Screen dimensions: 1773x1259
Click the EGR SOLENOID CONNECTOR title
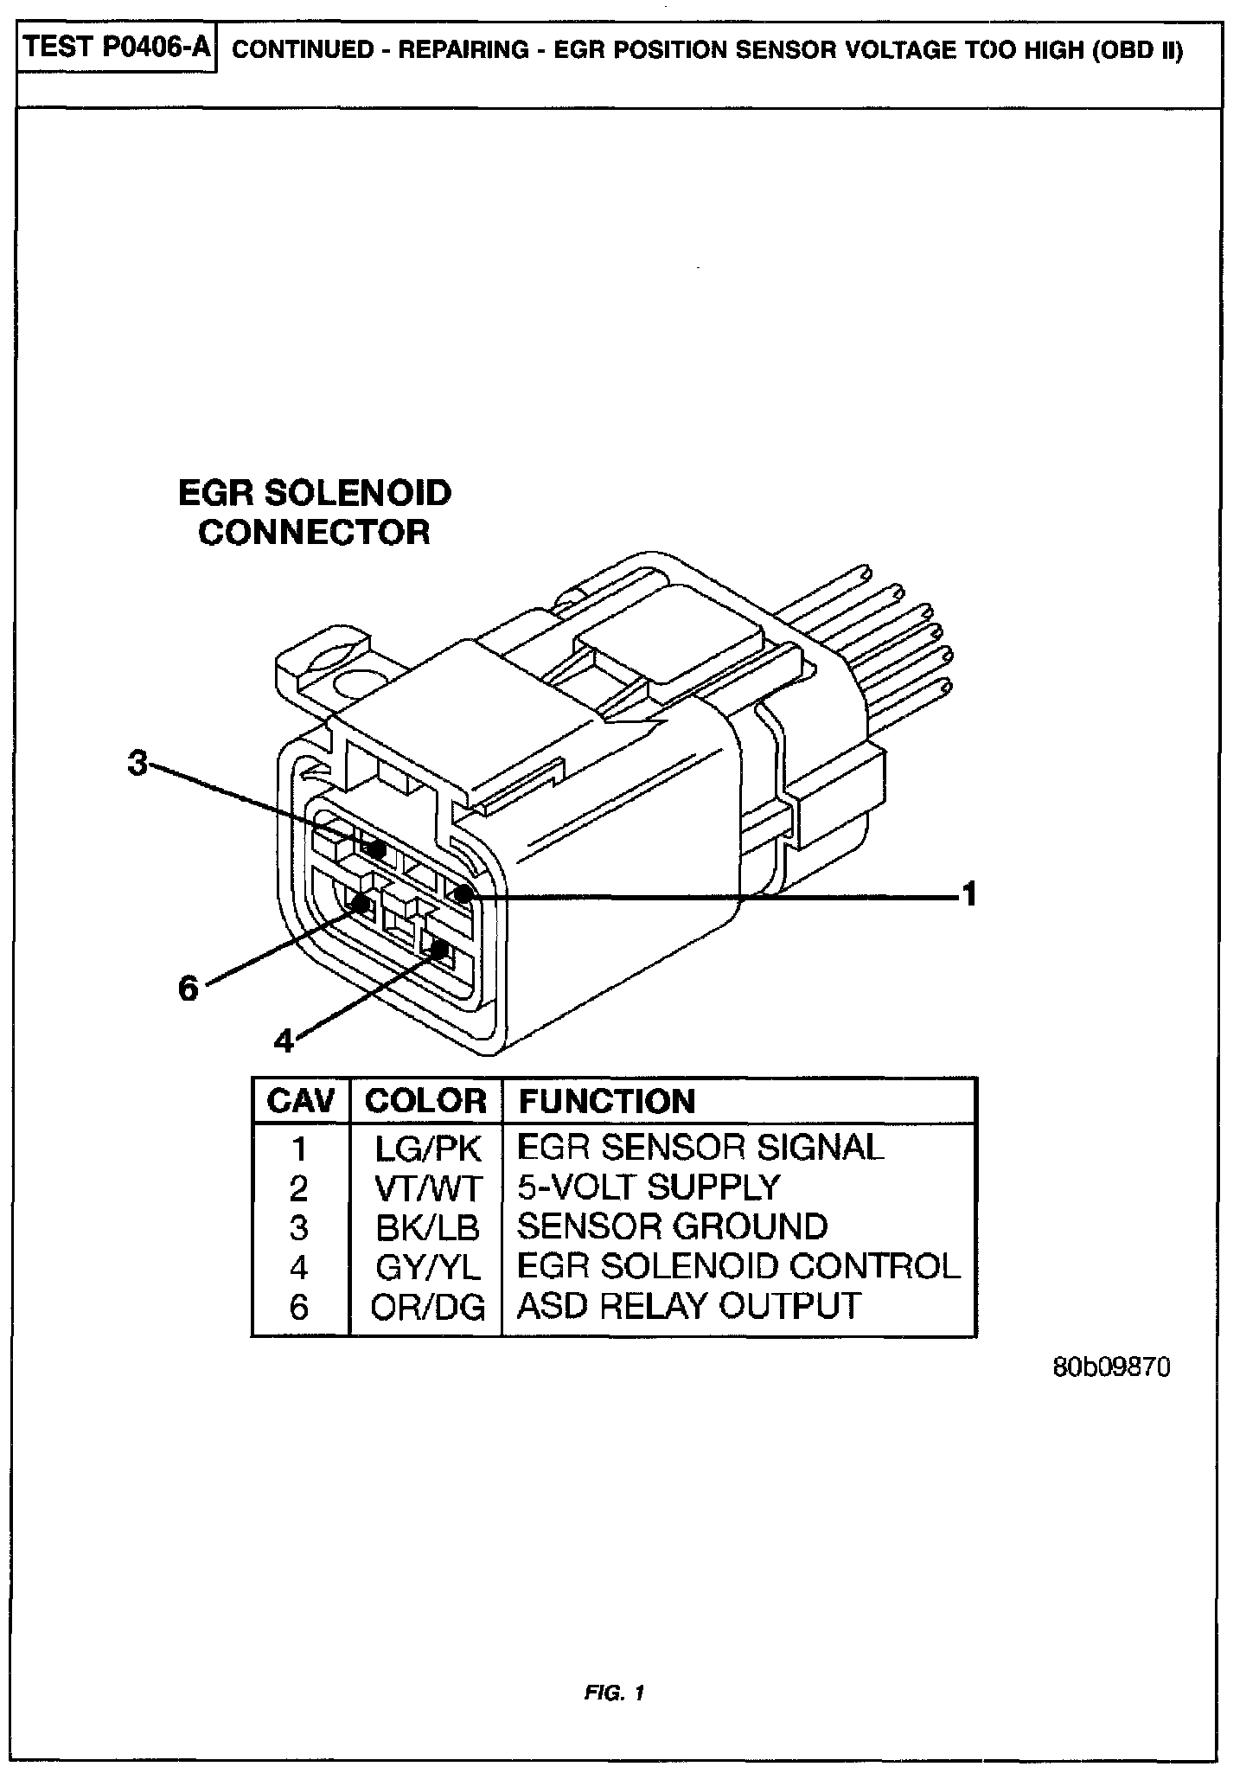click(x=315, y=512)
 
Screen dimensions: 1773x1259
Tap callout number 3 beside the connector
click(x=137, y=764)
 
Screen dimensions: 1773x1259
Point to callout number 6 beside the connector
click(x=188, y=987)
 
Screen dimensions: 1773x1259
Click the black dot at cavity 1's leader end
click(x=463, y=894)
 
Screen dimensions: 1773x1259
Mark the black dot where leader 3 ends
click(x=376, y=848)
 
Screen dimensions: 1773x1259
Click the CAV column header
click(x=300, y=1101)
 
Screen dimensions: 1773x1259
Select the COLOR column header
click(x=425, y=1101)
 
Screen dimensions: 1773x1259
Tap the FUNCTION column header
click(x=607, y=1101)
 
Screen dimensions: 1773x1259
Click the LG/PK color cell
click(x=427, y=1149)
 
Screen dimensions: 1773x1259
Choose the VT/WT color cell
click(x=427, y=1188)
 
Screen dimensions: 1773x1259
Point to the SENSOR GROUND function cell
click(x=672, y=1226)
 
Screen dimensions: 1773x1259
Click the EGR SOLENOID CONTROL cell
click(x=738, y=1266)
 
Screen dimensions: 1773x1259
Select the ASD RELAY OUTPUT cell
click(x=688, y=1305)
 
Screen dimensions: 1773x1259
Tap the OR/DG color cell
click(x=427, y=1307)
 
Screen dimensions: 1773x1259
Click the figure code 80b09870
click(x=1111, y=1367)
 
